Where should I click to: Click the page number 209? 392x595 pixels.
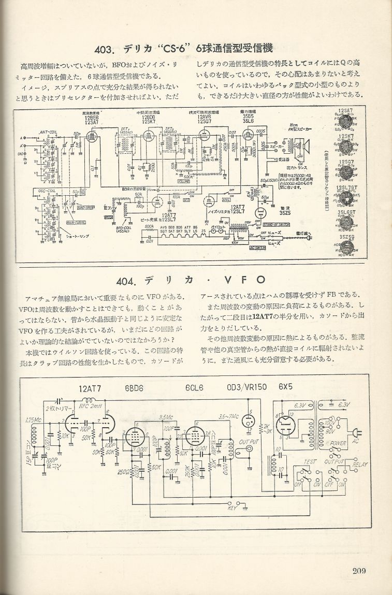359,571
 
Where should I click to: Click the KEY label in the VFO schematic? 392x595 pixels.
232,509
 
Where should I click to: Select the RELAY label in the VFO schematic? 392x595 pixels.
359,465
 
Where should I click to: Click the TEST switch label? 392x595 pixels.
310,461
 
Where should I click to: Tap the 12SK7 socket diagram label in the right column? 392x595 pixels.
346,137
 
